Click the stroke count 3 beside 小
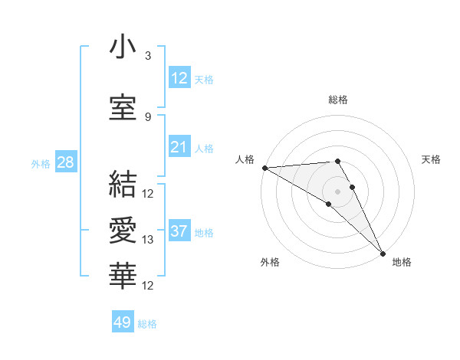148,56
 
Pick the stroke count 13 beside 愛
148,240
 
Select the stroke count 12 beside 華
148,286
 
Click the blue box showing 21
179,148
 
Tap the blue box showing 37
179,232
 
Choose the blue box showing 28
65,163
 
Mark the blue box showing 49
123,322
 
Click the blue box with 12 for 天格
179,79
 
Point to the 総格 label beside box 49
147,324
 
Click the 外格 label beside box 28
41,164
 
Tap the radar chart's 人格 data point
264,168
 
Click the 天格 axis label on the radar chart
431,159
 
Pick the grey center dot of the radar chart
337,191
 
